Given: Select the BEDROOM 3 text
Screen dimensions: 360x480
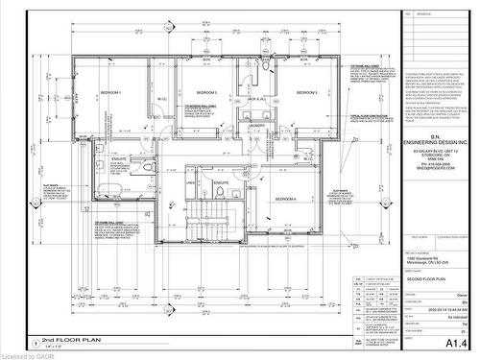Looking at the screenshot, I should pyautogui.click(x=306, y=92).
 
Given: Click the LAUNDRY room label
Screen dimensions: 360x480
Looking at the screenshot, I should pyautogui.click(x=256, y=125).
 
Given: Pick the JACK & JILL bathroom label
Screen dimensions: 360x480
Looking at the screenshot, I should pyautogui.click(x=255, y=100).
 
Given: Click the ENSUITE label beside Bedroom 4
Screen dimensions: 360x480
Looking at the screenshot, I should pyautogui.click(x=221, y=181).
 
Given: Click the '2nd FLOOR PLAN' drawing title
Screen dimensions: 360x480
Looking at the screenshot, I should pyautogui.click(x=66, y=342).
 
